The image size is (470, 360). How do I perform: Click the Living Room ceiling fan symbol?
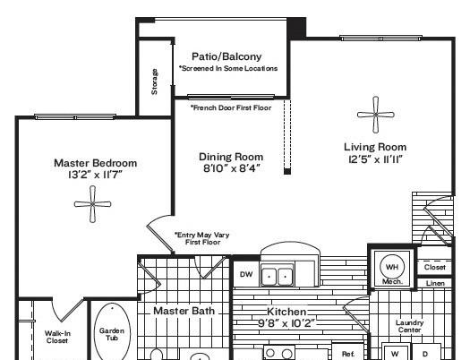(x=376, y=115)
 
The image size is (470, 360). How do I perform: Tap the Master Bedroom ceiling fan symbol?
(x=92, y=204)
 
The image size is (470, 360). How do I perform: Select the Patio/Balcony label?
(x=226, y=56)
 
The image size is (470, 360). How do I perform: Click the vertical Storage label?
(x=154, y=81)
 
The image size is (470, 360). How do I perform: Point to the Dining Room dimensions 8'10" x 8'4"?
(x=231, y=168)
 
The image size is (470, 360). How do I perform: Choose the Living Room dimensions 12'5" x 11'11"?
(x=375, y=159)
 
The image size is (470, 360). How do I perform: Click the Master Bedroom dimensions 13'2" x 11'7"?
(x=95, y=175)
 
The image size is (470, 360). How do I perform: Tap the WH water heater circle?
(x=392, y=267)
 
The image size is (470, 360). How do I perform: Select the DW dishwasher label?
(x=246, y=274)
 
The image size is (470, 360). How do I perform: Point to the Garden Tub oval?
(x=113, y=332)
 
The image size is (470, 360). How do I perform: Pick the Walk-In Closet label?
(x=56, y=337)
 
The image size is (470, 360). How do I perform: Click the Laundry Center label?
(x=409, y=326)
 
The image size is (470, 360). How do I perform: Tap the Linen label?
(x=435, y=283)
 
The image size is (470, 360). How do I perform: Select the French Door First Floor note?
(x=231, y=107)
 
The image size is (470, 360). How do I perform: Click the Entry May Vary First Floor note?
(x=202, y=238)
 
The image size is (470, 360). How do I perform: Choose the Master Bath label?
(x=184, y=311)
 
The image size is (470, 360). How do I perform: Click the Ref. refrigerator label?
(x=348, y=354)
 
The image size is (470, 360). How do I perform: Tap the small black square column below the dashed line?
(x=287, y=171)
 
